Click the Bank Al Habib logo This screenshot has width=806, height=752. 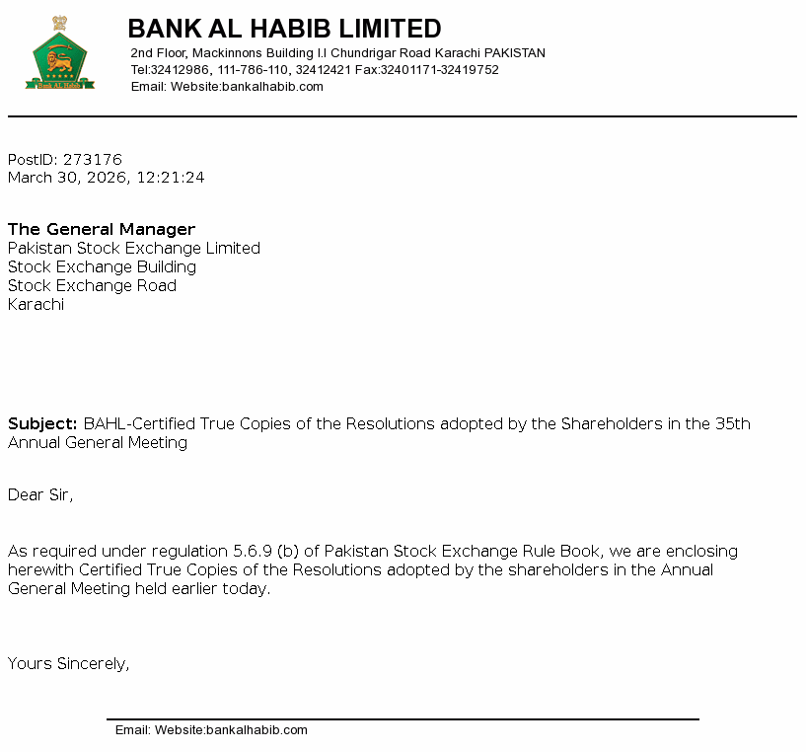[60, 54]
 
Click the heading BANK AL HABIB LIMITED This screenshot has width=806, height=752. [284, 29]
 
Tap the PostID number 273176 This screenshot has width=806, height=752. [92, 160]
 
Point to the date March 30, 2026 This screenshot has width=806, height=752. [67, 179]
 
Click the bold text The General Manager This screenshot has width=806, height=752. [102, 230]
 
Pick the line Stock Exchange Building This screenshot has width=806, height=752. [102, 267]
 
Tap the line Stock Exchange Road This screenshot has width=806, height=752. [92, 286]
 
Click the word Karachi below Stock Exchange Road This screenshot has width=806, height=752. [36, 305]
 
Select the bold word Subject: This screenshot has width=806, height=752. [42, 424]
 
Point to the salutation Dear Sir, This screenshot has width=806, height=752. [40, 495]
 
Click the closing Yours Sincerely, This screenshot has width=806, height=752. [68, 664]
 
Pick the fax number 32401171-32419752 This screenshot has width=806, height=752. [439, 70]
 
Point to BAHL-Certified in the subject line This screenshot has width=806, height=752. [140, 424]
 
